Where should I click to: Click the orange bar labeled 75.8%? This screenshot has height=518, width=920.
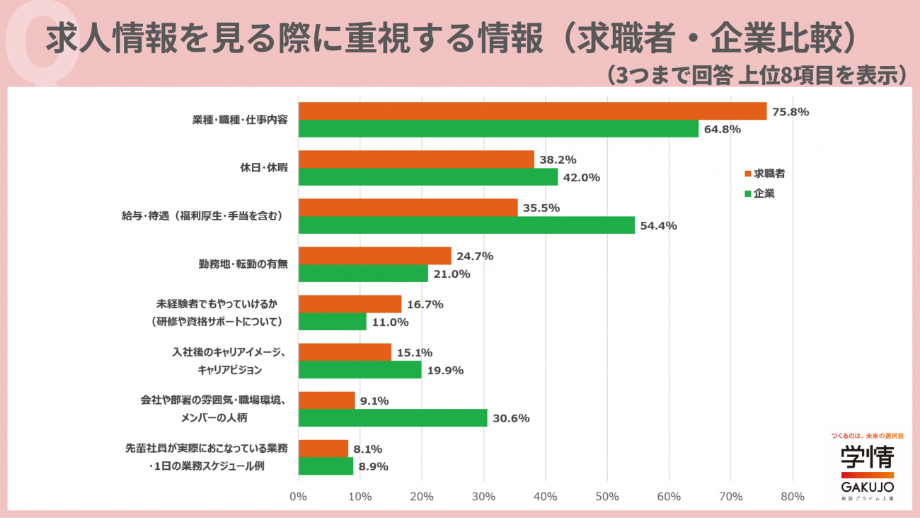[x=533, y=111]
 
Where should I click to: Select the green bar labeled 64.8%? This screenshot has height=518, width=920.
[x=499, y=129]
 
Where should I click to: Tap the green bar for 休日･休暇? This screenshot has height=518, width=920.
[x=428, y=176]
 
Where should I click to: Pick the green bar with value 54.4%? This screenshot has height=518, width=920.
[x=466, y=225]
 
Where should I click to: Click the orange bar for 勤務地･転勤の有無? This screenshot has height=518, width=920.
[x=375, y=256]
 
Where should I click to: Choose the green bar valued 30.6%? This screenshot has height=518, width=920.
[x=393, y=417]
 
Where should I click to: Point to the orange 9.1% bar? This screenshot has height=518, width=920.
[x=327, y=400]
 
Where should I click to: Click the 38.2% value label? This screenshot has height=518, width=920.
[x=558, y=159]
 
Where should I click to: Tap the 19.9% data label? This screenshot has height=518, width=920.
[x=445, y=371]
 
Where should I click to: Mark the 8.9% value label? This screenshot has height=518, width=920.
[x=374, y=466]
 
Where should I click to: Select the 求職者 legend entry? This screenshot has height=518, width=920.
[x=765, y=174]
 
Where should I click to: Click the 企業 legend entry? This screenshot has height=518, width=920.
[x=760, y=193]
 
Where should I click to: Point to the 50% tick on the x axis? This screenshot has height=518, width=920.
[x=607, y=497]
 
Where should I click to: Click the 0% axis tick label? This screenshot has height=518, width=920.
[x=298, y=497]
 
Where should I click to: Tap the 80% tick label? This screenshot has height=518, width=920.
[x=793, y=497]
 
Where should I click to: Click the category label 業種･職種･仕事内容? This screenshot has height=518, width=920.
[x=240, y=120]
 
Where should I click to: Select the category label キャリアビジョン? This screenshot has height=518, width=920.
[x=229, y=370]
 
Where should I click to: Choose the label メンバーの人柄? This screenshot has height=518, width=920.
[x=214, y=417]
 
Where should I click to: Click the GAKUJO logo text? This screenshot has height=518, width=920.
[x=868, y=488]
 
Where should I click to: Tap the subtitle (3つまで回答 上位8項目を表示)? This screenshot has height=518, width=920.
[x=757, y=75]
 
